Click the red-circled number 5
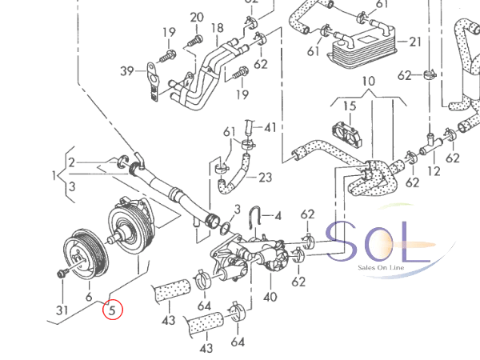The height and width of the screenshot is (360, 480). tap(113, 310)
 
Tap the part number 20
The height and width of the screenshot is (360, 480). tap(197, 18)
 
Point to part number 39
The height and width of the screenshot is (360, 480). tap(127, 72)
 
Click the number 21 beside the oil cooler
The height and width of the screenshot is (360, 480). tap(414, 42)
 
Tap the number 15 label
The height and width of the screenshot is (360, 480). tap(349, 106)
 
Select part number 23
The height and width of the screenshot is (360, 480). tap(266, 178)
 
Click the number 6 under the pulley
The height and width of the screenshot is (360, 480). tap(89, 295)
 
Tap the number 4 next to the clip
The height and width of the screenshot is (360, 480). tap(278, 216)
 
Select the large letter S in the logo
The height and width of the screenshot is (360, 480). tap(345, 241)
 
